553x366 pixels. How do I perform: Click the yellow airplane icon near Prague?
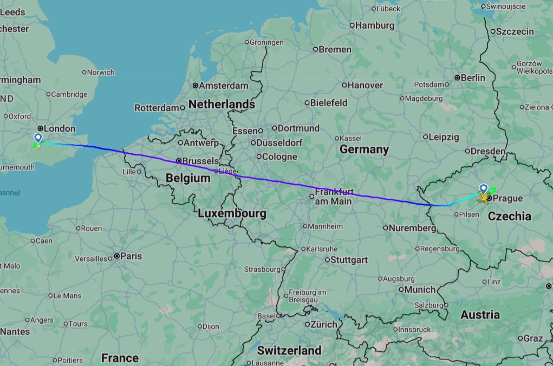(482, 198)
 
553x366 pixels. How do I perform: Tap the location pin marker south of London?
(38, 138)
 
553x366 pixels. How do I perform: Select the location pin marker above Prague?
(484, 188)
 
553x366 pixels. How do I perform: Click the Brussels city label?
(200, 161)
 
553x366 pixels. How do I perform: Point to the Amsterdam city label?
(223, 86)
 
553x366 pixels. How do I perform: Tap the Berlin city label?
(473, 77)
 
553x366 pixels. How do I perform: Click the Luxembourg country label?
(232, 213)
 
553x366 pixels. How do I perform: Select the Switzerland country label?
(289, 350)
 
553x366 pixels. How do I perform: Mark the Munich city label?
(420, 290)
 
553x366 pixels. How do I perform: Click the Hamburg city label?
(375, 25)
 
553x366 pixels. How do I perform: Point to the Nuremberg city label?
(412, 228)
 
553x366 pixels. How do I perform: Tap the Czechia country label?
(510, 216)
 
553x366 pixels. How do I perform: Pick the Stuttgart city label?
(349, 259)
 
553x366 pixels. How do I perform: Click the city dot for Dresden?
(467, 152)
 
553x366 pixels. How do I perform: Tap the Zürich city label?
(324, 324)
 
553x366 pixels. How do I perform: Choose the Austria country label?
(480, 315)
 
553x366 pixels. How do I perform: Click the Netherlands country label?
(222, 104)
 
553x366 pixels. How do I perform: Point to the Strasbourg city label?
(262, 269)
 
